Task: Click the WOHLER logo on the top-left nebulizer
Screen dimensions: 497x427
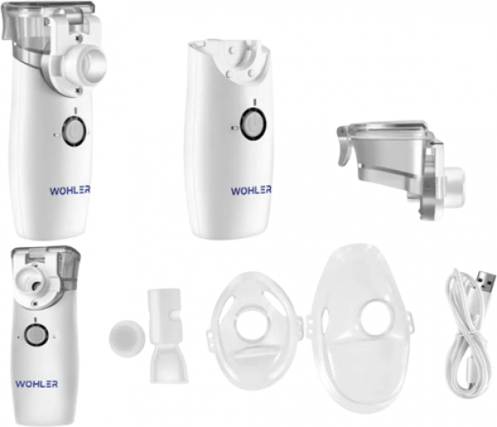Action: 70,192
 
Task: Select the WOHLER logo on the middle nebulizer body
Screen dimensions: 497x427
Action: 251,191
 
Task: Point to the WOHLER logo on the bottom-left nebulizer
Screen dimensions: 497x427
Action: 36,384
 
